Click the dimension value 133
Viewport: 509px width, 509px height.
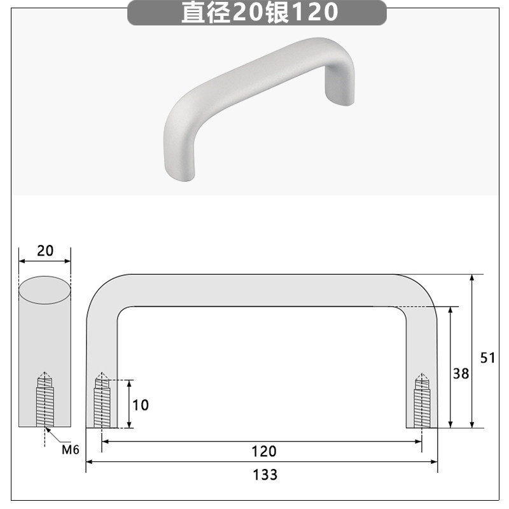click(x=265, y=475)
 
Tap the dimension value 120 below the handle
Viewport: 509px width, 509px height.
click(x=264, y=451)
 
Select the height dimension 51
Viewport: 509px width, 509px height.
click(x=487, y=358)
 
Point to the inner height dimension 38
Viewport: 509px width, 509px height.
click(x=461, y=373)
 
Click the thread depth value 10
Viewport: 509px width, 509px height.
click(x=141, y=405)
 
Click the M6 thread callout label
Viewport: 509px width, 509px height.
click(x=70, y=450)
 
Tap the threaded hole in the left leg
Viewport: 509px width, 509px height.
click(x=102, y=402)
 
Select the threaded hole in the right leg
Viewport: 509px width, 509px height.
click(x=421, y=402)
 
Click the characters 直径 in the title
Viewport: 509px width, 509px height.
click(x=206, y=13)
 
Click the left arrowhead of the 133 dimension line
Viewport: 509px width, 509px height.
click(x=90, y=462)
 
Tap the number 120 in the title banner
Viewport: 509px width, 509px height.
click(x=316, y=13)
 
